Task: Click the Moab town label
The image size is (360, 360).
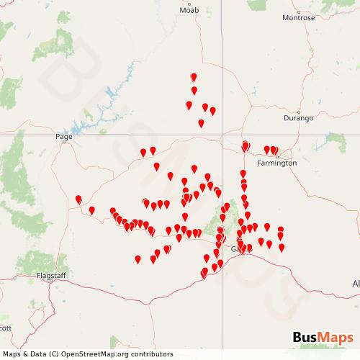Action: tap(189, 11)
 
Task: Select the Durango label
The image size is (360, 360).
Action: tap(298, 117)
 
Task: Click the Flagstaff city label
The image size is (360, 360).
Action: tap(51, 276)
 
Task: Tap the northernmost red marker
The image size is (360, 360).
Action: tap(193, 77)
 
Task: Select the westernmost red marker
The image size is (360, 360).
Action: tap(78, 199)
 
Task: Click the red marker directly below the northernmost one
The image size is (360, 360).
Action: tap(194, 90)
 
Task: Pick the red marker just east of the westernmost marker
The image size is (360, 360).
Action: tap(92, 210)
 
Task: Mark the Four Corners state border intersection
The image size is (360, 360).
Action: tap(221, 134)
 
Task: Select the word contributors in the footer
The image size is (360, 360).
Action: tap(153, 354)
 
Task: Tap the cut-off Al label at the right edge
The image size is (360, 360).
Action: tap(356, 284)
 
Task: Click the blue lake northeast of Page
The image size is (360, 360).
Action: tap(112, 94)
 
